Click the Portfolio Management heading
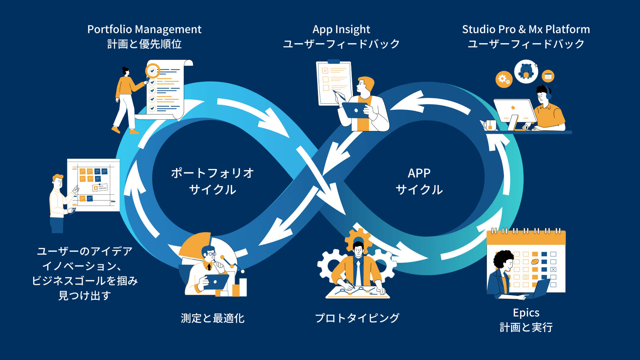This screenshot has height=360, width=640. point(144,29)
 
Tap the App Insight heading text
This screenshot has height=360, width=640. point(341,29)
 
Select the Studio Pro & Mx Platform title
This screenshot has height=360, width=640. point(526,29)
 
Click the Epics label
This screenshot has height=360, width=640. point(526,313)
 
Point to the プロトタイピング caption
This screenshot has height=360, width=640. point(357,318)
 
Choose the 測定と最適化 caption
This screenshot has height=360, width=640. point(213,318)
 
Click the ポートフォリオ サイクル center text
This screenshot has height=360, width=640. point(212,181)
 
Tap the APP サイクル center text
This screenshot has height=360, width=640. point(419,181)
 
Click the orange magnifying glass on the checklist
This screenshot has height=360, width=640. point(152,71)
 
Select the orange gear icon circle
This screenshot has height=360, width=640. point(504,79)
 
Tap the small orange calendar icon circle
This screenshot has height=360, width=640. point(548,76)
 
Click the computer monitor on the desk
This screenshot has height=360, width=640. point(514,111)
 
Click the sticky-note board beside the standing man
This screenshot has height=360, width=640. point(94,185)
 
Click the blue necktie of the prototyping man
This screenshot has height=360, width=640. point(358,272)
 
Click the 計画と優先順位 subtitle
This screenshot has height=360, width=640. point(144,44)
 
